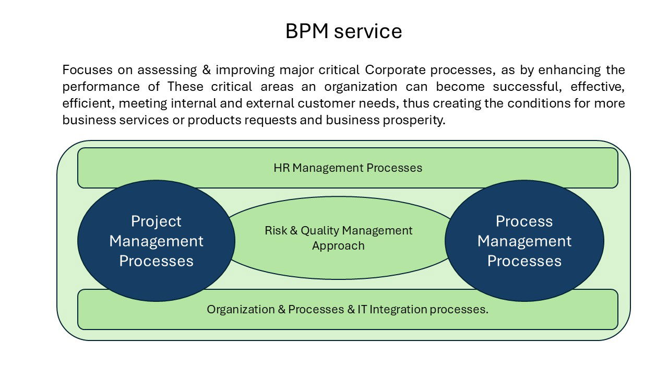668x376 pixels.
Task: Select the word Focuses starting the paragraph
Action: pyautogui.click(x=85, y=69)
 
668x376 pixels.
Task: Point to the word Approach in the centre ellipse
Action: pyautogui.click(x=338, y=245)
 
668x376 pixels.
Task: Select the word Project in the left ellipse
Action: pyautogui.click(x=156, y=221)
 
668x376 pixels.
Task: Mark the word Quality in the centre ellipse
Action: pyautogui.click(x=317, y=230)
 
